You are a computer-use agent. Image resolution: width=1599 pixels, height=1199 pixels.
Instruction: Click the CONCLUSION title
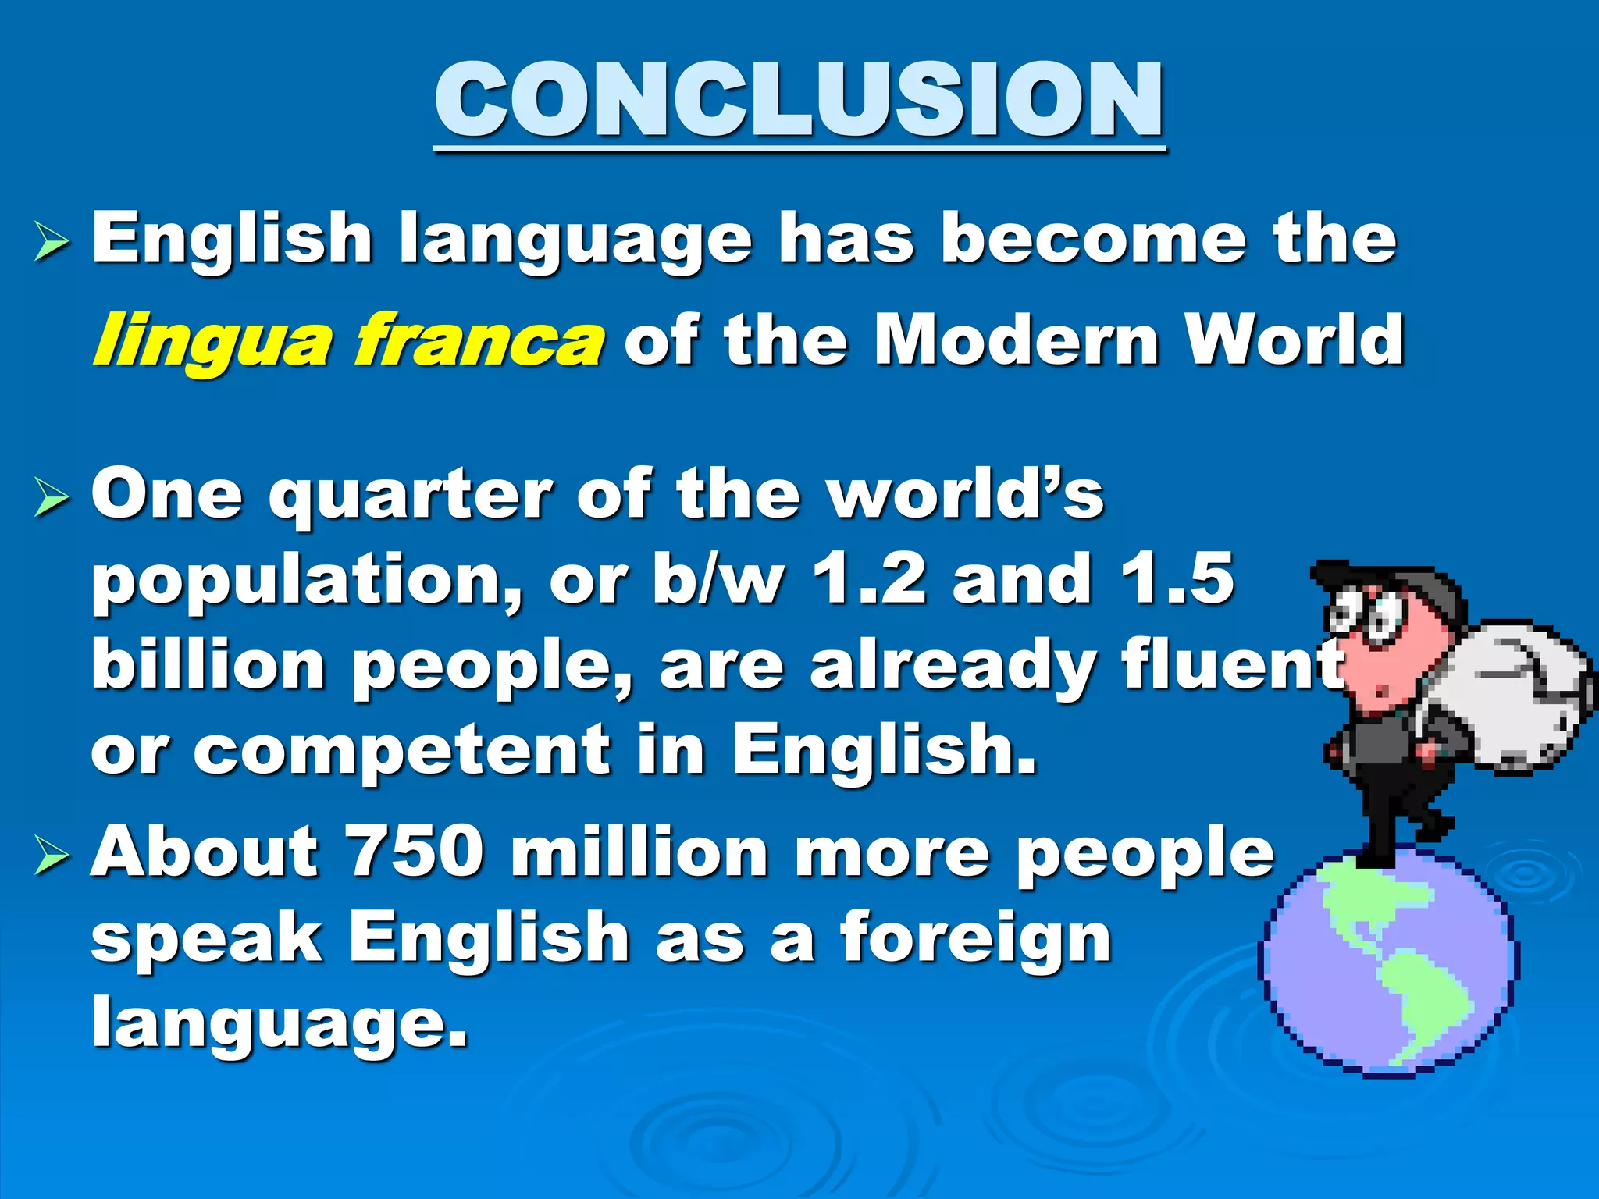pos(799,101)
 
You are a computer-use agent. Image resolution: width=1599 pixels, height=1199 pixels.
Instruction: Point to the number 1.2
pos(868,579)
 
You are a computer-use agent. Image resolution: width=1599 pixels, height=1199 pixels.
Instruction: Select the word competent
pos(402,750)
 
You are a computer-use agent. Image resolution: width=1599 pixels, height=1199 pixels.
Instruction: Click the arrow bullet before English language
pos(52,241)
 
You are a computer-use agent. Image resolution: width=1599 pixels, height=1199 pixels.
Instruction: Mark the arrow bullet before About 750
pos(52,855)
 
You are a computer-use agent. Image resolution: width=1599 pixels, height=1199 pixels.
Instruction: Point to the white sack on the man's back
pos(1511,691)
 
